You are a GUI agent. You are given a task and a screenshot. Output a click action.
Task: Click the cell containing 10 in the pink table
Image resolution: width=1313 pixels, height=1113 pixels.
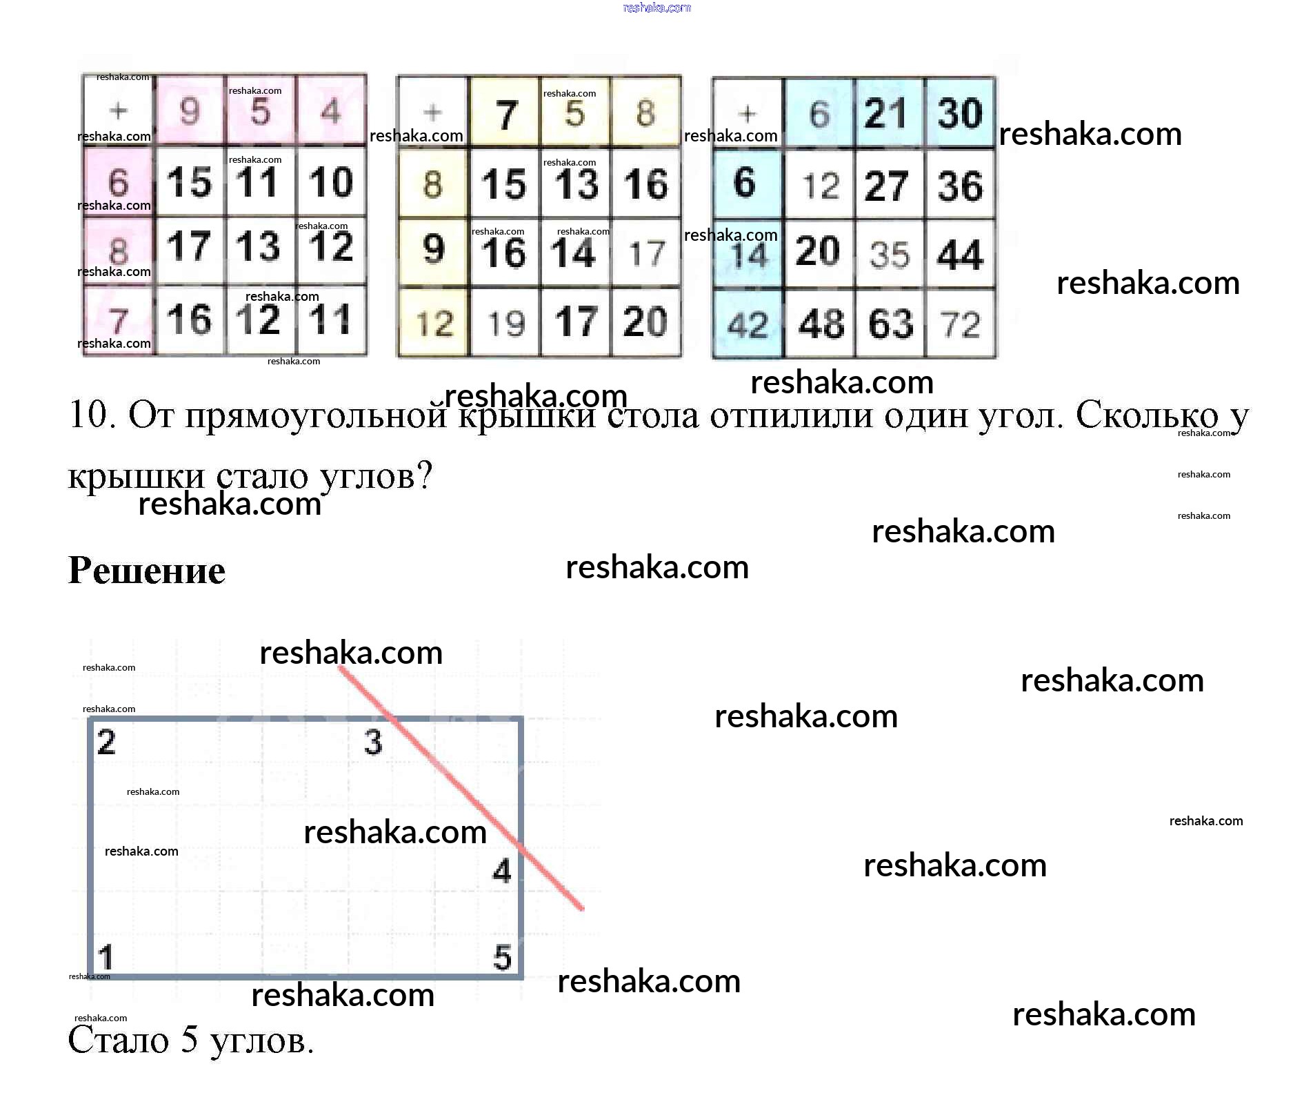[331, 182]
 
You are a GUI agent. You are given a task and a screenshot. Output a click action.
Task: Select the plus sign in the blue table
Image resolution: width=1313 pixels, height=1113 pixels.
[748, 113]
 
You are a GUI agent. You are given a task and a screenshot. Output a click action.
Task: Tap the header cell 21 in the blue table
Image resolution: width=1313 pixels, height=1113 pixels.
[888, 113]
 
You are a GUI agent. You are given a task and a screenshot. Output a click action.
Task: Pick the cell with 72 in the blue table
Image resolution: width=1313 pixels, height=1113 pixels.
[961, 324]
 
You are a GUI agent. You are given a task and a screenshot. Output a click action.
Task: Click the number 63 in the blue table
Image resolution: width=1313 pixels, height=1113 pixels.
[890, 324]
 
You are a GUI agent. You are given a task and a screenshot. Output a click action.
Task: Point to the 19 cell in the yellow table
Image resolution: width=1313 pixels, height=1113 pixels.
[505, 323]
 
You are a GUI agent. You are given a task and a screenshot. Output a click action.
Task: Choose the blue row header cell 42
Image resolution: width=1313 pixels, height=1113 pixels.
[748, 324]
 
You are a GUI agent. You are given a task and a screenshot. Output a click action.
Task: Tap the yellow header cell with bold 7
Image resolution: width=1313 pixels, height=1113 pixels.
[506, 113]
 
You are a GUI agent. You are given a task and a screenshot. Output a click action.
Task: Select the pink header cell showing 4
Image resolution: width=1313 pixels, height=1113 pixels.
[331, 110]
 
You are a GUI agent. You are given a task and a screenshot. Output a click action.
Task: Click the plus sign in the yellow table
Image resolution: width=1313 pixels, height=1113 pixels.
[432, 112]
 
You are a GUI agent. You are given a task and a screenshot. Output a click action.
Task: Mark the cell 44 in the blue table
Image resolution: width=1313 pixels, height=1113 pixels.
[961, 254]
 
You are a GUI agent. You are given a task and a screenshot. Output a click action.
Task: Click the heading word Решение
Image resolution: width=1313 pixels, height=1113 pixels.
[147, 571]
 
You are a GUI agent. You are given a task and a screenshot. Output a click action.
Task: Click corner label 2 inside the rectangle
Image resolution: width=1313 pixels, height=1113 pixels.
[106, 742]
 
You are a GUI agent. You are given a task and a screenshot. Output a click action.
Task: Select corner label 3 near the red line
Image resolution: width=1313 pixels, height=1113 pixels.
[373, 742]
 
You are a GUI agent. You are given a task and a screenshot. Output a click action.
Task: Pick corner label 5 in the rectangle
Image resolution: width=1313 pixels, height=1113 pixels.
[503, 957]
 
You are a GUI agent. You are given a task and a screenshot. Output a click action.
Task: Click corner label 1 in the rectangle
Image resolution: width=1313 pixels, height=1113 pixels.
[106, 957]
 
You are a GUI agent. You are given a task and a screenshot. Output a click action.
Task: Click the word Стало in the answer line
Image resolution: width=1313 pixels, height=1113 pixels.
[118, 1040]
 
